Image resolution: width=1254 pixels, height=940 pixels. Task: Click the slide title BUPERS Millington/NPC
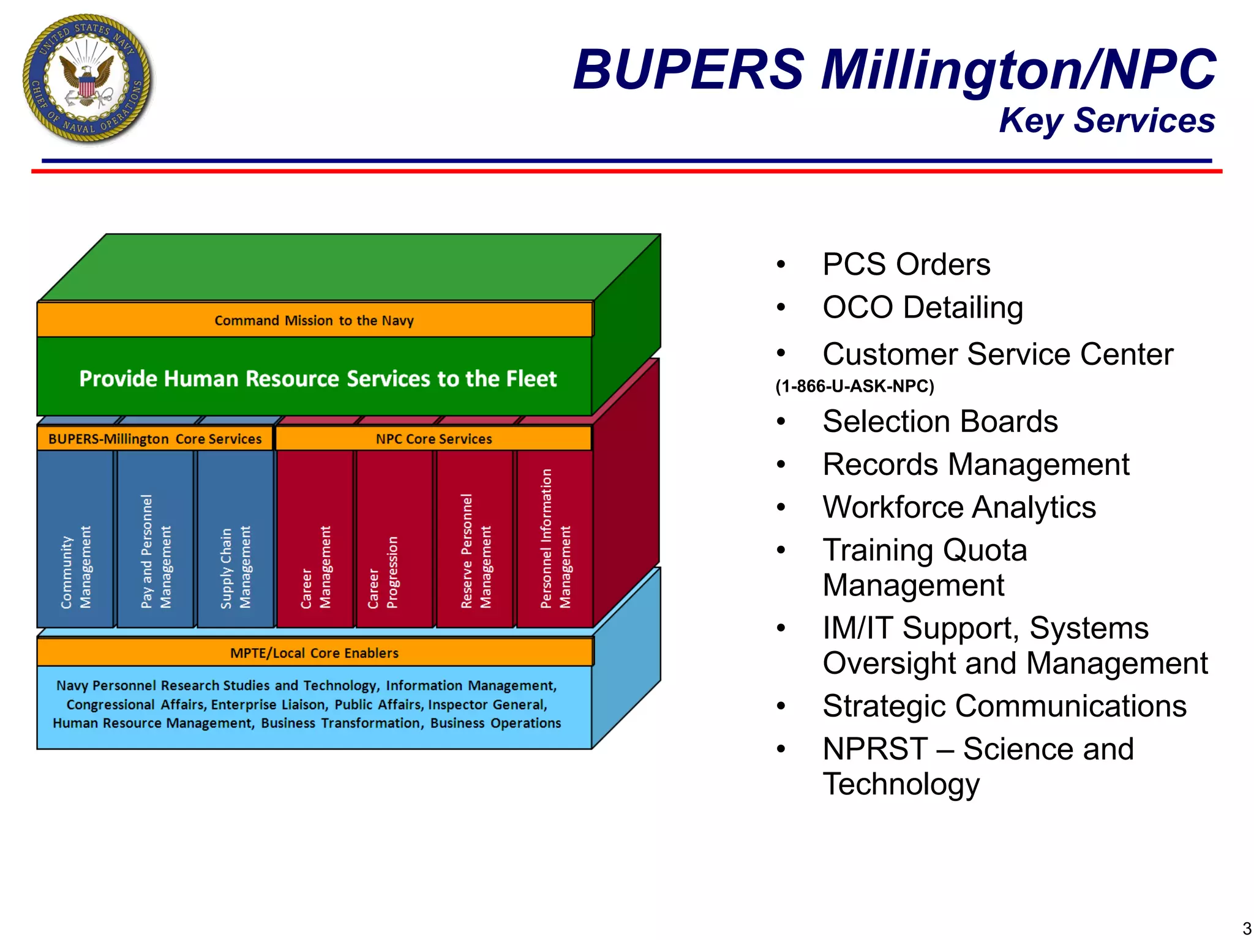[894, 69]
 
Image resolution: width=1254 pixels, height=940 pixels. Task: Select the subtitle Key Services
[1106, 121]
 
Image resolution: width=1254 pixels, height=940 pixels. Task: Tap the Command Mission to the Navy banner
[314, 320]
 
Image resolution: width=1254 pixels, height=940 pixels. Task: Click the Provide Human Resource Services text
[318, 379]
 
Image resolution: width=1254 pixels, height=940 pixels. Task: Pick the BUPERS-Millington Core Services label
[154, 439]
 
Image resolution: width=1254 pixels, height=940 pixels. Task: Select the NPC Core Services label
[434, 439]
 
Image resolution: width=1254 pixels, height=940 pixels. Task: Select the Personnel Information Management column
[555, 539]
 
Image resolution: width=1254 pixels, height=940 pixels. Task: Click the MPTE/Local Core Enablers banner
[314, 653]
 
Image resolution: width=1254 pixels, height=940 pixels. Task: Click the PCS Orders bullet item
[906, 264]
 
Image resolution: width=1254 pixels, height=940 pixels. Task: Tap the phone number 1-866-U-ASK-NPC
[855, 386]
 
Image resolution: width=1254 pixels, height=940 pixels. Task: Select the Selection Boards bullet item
[940, 421]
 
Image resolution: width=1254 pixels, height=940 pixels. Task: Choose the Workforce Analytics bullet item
[959, 507]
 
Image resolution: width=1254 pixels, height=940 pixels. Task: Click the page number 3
[1246, 928]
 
